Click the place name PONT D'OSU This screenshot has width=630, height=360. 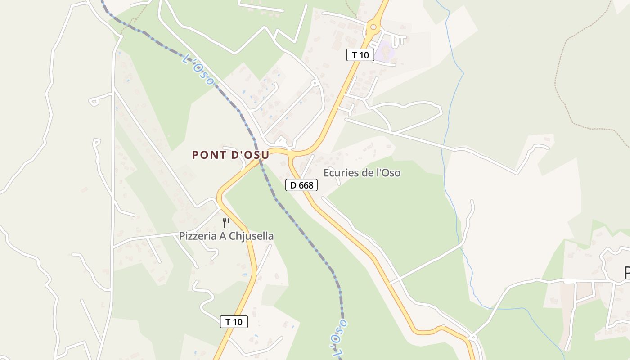(x=230, y=155)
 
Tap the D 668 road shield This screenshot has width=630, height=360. (x=301, y=184)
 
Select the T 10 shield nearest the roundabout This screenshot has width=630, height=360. (x=360, y=55)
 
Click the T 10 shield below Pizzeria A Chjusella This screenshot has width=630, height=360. (x=234, y=322)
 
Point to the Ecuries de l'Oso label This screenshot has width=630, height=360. (x=362, y=173)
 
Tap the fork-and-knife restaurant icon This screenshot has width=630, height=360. (x=226, y=222)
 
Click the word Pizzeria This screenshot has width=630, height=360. (x=197, y=236)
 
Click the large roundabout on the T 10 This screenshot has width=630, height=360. (x=373, y=27)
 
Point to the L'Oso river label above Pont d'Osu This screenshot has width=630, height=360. (x=198, y=70)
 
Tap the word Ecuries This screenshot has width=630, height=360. (x=339, y=173)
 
